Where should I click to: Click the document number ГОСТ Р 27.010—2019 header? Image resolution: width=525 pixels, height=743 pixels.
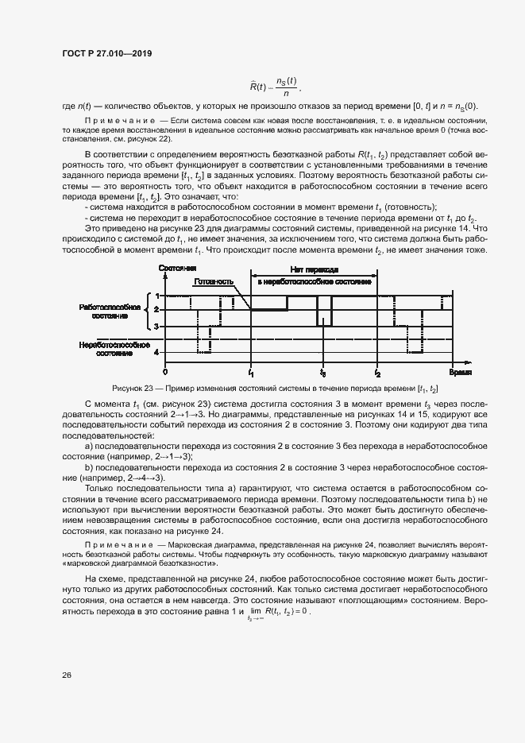(106, 54)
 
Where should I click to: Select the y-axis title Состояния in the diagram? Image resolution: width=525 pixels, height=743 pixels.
(178, 269)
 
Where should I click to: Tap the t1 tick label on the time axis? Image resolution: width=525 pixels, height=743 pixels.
(251, 373)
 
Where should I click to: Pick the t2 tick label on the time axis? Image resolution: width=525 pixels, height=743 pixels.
(378, 373)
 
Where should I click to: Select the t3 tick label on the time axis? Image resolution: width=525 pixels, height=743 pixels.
(322, 373)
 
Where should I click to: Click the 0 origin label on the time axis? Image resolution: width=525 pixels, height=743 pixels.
(165, 372)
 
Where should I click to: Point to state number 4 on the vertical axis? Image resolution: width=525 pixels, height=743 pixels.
(156, 352)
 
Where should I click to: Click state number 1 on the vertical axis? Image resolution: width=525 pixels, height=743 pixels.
(156, 296)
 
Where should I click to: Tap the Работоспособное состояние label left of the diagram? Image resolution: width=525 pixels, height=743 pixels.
(110, 311)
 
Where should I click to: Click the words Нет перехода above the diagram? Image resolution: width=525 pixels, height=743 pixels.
(314, 270)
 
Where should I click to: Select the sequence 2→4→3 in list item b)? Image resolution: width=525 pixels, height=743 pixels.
(147, 478)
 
